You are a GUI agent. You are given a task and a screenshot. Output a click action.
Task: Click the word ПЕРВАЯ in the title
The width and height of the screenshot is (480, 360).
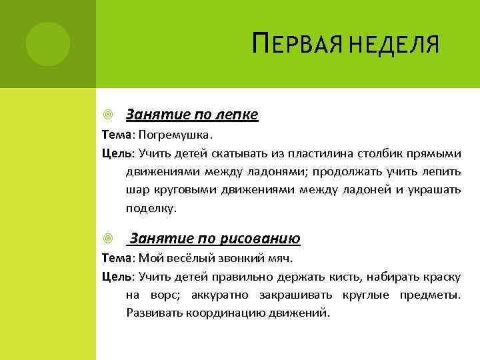pyautogui.click(x=291, y=47)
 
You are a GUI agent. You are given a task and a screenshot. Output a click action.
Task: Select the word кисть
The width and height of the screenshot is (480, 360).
pyautogui.click(x=321, y=276)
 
